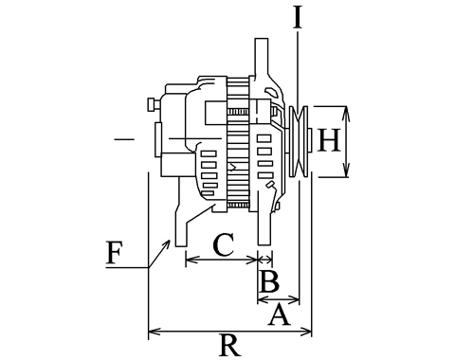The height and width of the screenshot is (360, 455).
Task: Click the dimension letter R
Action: click(229, 345)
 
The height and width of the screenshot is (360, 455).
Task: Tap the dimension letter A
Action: click(280, 315)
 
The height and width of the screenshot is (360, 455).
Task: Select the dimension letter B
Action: click(269, 281)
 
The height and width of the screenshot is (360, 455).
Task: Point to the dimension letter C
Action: click(224, 244)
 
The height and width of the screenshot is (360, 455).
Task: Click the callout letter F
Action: click(114, 253)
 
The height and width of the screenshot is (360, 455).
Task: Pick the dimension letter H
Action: click(329, 140)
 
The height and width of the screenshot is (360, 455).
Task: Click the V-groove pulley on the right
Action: click(299, 141)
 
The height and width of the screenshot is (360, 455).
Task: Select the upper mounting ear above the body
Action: click(262, 59)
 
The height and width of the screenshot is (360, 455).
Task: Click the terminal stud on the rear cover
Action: click(154, 104)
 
